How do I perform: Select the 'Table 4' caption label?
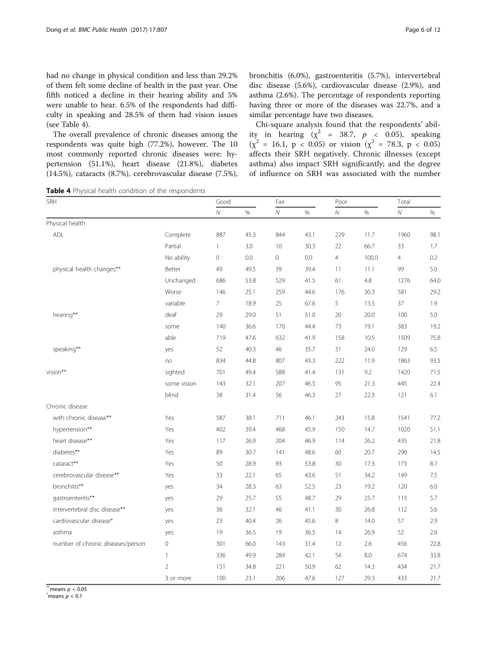point(58,190)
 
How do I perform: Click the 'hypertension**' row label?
point(72,429)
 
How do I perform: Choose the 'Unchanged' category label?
point(180,280)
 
